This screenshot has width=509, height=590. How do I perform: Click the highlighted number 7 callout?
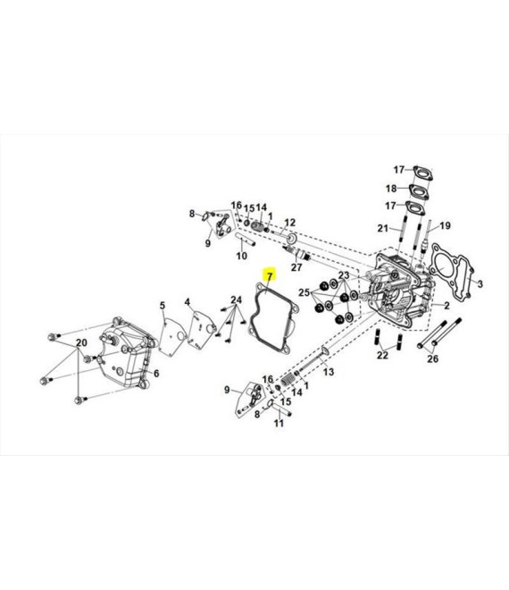[270, 276]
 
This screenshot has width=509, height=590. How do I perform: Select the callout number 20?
[81, 342]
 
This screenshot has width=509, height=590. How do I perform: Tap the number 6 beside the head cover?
[156, 373]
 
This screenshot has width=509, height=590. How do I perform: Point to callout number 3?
[480, 283]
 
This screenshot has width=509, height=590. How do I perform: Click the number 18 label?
[391, 188]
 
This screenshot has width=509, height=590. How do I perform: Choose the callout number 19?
[445, 226]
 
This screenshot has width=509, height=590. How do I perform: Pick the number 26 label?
[433, 358]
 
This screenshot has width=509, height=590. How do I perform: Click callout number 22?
[382, 355]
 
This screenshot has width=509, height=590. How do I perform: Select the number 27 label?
[296, 267]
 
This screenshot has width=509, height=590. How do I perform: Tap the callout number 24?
[236, 299]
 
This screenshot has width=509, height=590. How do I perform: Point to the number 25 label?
[305, 292]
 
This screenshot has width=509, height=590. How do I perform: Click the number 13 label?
[329, 372]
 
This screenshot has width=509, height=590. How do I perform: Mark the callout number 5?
[163, 305]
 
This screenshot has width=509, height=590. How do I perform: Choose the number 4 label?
[188, 302]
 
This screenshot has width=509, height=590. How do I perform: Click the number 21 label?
[383, 228]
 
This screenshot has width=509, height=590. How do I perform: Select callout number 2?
[446, 305]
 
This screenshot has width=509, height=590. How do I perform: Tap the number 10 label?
[242, 256]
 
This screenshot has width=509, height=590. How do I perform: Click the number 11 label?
[279, 423]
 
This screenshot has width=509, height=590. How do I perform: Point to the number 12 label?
[290, 223]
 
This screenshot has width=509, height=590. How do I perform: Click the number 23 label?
[344, 275]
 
